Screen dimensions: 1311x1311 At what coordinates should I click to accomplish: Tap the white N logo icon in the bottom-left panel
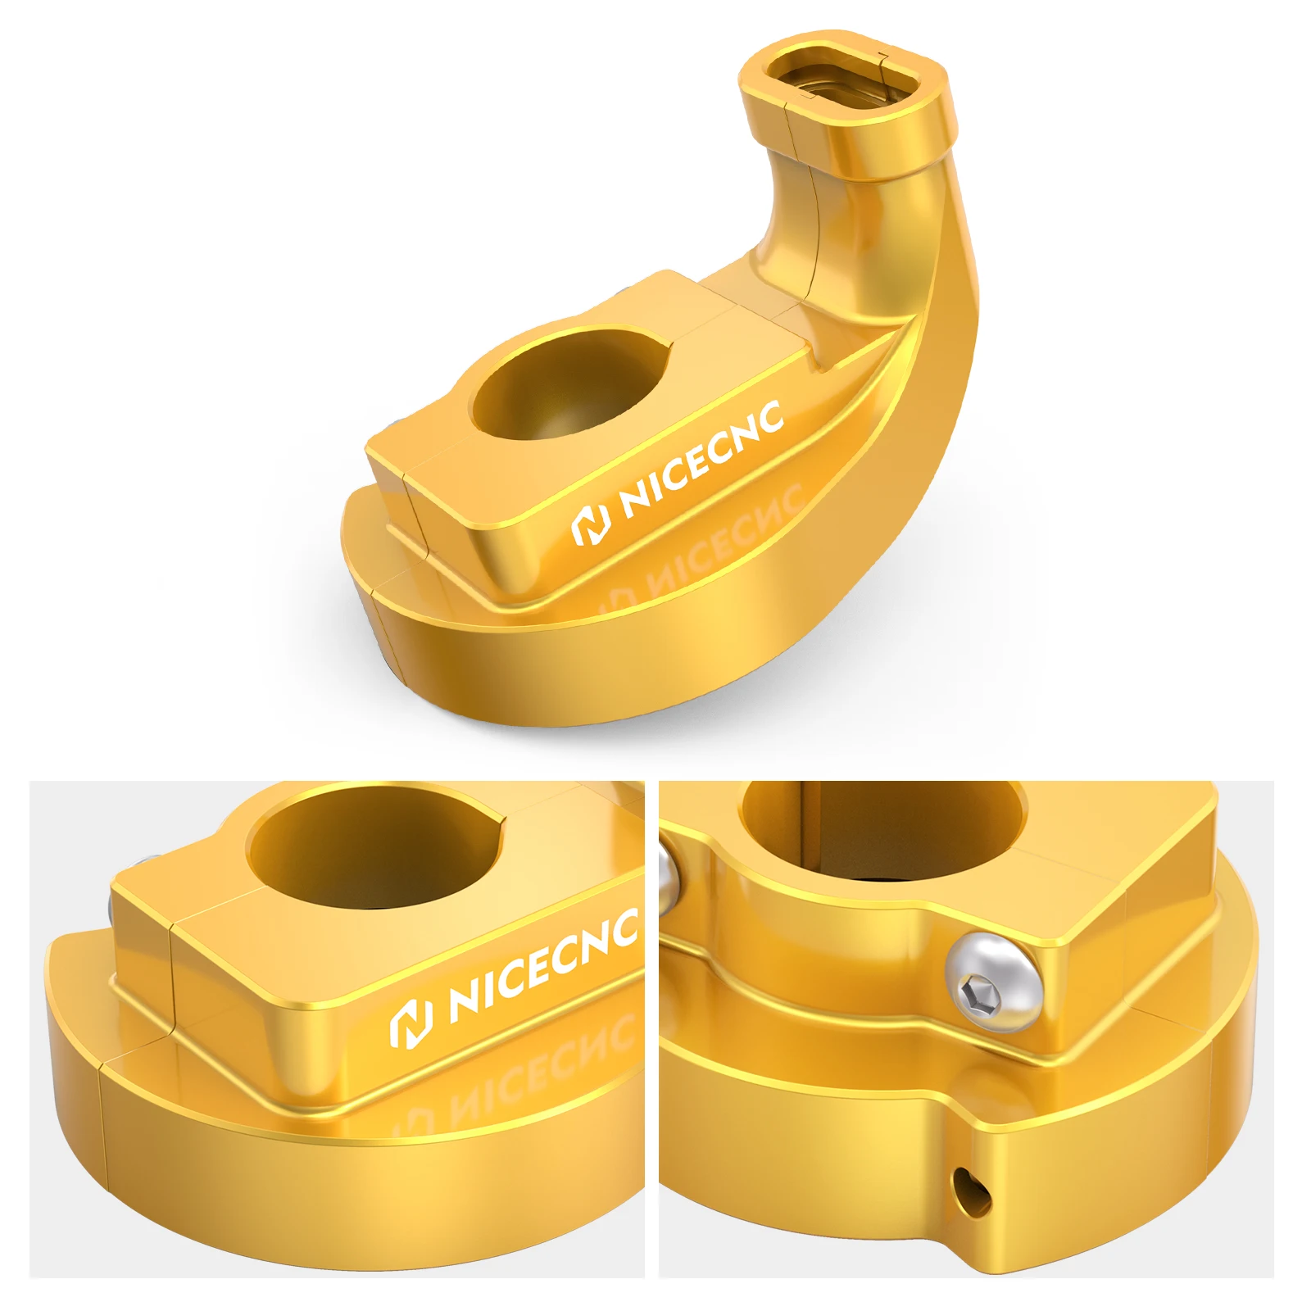[x=411, y=1024]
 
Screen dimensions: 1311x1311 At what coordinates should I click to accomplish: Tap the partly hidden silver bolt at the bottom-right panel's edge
[x=668, y=877]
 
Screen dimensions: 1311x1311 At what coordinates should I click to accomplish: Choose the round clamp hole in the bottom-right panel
[x=881, y=828]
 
